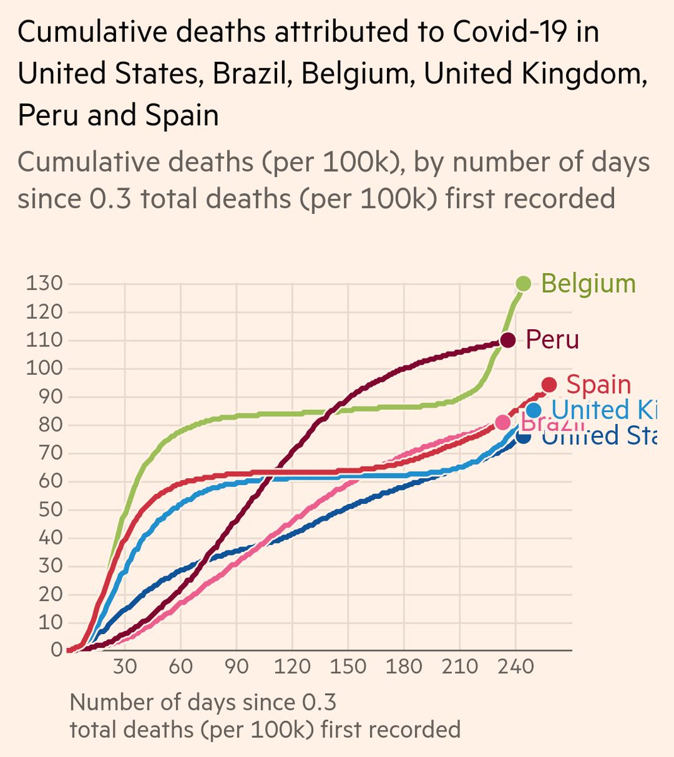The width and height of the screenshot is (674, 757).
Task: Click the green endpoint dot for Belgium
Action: click(523, 284)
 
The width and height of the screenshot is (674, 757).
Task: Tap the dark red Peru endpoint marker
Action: click(507, 340)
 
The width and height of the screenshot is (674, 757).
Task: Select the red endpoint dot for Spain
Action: click(549, 385)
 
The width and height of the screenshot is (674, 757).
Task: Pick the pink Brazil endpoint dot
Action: click(503, 422)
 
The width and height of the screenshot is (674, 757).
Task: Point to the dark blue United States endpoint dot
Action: click(523, 435)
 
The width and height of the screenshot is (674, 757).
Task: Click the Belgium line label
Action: click(588, 284)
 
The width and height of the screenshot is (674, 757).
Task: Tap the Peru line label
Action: click(552, 340)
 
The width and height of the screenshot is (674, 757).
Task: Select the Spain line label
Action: click(598, 385)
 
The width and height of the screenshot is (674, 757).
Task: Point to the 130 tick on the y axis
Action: click(44, 284)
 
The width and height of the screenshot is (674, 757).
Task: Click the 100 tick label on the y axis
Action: click(44, 368)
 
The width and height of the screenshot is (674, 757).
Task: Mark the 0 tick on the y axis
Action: click(57, 650)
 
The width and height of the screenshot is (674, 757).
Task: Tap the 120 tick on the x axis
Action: click(292, 667)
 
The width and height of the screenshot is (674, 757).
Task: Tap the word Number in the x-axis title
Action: click(110, 702)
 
